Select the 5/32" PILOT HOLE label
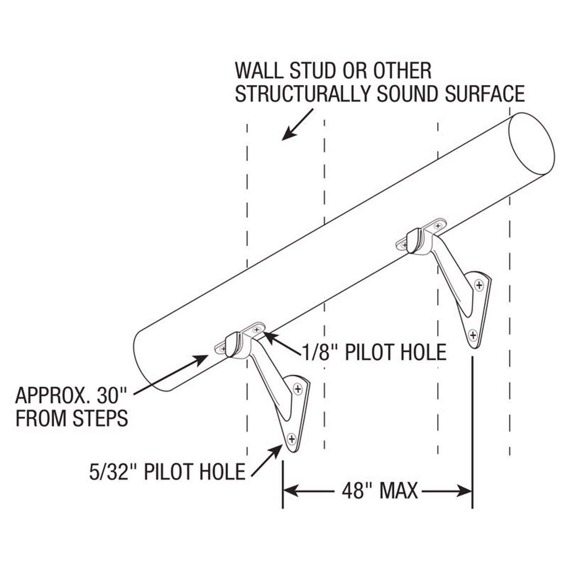tap(167, 472)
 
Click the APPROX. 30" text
tap(71, 396)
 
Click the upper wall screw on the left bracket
tap(298, 389)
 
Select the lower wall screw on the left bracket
tap(292, 439)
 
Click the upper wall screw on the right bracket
tap(479, 285)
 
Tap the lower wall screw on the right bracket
tap(472, 335)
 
